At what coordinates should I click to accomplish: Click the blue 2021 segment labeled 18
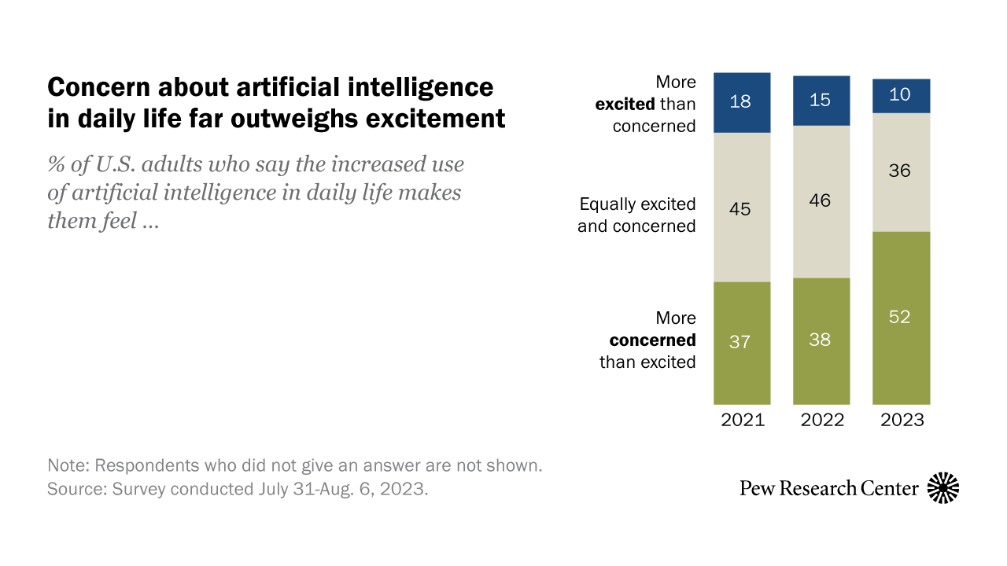click(x=742, y=102)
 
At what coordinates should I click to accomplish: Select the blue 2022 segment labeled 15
click(x=821, y=101)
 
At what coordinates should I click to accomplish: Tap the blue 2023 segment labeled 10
click(x=901, y=96)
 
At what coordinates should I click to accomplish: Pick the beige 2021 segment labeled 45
click(x=742, y=207)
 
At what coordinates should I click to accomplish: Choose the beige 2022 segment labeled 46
click(x=821, y=201)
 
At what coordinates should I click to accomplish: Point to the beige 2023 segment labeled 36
click(x=901, y=171)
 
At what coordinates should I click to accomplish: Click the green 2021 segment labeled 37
click(x=742, y=342)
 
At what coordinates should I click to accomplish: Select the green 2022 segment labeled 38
click(x=821, y=340)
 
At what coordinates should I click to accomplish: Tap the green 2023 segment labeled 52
click(x=901, y=318)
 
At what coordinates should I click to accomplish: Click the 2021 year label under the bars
click(x=742, y=420)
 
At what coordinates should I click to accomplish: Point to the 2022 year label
click(x=822, y=420)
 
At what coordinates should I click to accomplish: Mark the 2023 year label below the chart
click(x=902, y=420)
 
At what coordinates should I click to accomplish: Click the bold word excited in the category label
click(x=625, y=104)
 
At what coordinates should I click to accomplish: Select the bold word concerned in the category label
click(x=653, y=340)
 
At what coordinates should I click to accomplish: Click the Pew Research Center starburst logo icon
click(x=943, y=488)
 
